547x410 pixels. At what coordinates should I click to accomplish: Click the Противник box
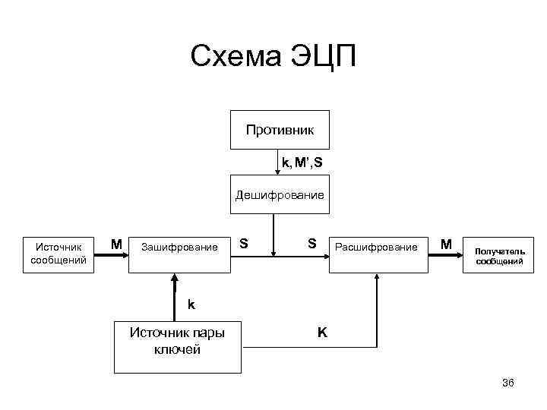click(x=279, y=131)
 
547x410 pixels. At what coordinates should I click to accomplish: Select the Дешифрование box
click(x=279, y=195)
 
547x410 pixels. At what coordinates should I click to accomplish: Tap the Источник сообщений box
click(x=58, y=253)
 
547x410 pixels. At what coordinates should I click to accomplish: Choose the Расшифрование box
click(x=377, y=248)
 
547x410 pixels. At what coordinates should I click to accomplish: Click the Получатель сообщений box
click(x=499, y=256)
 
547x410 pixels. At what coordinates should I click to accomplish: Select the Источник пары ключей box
click(x=179, y=342)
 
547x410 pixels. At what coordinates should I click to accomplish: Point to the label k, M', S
click(x=302, y=162)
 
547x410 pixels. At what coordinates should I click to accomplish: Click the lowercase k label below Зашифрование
click(x=191, y=304)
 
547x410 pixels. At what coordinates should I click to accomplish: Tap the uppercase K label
click(x=322, y=332)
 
